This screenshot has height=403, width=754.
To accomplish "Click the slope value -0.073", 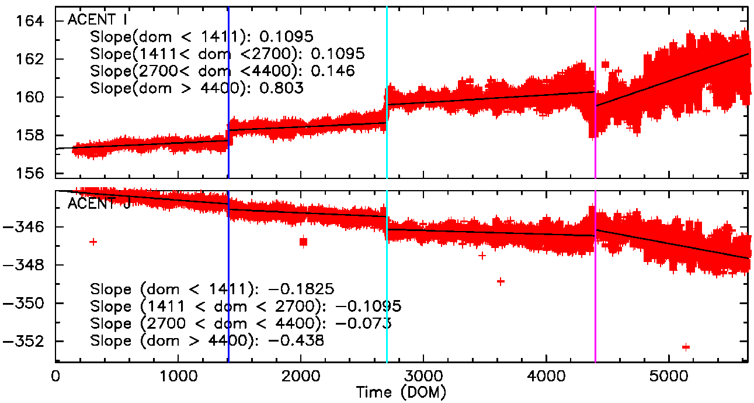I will pos(368,323).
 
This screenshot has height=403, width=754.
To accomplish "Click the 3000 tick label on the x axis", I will pos(423,375).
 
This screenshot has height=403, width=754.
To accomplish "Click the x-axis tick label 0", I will pos(55,375).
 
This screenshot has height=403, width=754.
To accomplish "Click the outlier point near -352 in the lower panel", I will pos(686,347).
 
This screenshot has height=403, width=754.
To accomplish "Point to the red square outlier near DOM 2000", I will pos(303,242).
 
